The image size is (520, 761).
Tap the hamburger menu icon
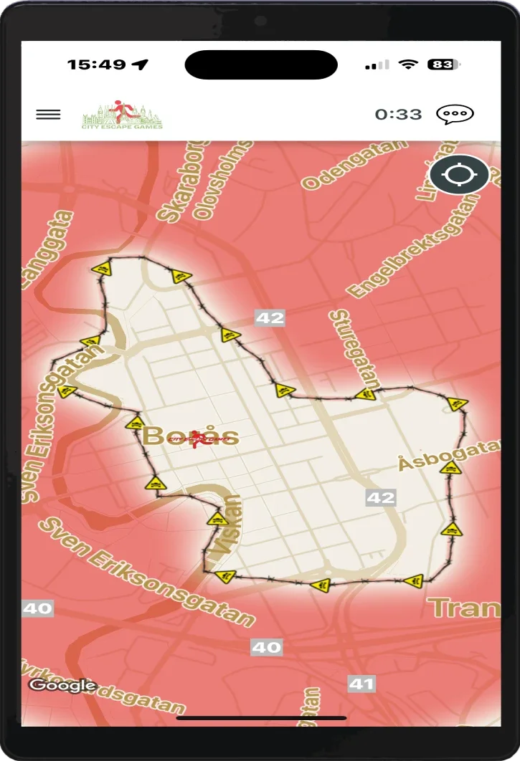click(48, 115)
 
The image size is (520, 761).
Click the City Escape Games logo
click(122, 115)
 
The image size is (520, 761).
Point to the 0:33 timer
click(398, 115)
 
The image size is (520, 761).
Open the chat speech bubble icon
click(455, 115)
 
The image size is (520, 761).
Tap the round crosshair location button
click(460, 175)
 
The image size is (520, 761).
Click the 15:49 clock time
click(97, 64)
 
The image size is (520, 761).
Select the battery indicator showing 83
click(442, 64)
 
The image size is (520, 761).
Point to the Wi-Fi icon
click(409, 64)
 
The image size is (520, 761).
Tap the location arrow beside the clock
click(141, 64)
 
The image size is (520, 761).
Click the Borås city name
click(190, 436)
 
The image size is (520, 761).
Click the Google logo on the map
click(62, 685)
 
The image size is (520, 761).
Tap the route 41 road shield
click(361, 684)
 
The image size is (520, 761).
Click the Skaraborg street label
click(176, 183)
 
